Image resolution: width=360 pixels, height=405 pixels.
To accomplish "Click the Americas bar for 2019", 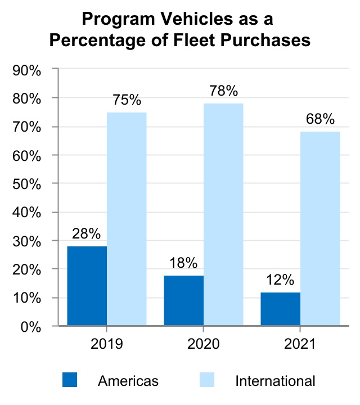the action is coord(87,286).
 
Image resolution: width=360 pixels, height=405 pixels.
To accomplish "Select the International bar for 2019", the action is coord(127,219).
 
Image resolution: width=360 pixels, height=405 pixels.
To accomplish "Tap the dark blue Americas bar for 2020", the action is coord(184,300).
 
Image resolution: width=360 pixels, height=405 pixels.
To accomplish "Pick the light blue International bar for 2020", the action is coord(223,214).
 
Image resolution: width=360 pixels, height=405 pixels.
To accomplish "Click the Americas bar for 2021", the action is coord(281,309).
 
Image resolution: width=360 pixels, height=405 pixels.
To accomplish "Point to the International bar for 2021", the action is coord(320,228).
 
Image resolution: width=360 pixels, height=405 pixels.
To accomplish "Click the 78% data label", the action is coord(224,91).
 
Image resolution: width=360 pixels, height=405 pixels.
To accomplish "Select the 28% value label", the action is coord(86,234).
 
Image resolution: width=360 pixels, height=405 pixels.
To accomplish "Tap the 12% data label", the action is coord(280,280).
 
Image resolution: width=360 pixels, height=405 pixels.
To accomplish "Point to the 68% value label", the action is coord(320,119).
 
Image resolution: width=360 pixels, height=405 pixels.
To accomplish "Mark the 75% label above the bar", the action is coord(127,100).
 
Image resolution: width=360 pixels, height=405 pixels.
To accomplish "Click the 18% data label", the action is coord(183,263).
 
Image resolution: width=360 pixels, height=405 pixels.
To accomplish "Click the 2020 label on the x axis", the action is coord(204,344).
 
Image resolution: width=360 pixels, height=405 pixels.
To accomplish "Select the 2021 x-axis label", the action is coord(300,344).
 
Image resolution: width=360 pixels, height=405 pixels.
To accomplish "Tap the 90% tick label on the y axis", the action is coord(26,71).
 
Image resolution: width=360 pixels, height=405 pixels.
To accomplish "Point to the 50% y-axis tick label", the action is coord(26,184).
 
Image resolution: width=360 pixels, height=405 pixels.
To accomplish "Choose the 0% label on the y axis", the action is coord(31,327).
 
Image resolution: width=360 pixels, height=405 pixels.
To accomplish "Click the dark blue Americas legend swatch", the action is coord(70,380).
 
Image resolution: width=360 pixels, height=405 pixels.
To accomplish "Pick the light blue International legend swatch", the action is coord(207,380).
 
